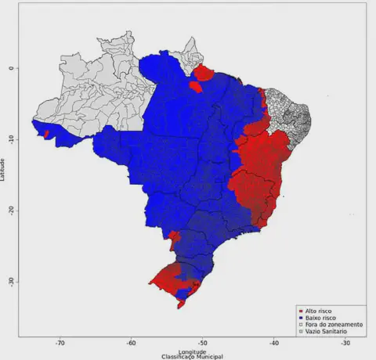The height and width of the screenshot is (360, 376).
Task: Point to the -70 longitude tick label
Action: pyautogui.click(x=60, y=343)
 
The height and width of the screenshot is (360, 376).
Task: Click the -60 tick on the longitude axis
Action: pyautogui.click(x=131, y=343)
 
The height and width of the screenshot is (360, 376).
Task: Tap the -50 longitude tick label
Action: pyautogui.click(x=202, y=343)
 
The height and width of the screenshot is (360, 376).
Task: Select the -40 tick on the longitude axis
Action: pyautogui.click(x=273, y=343)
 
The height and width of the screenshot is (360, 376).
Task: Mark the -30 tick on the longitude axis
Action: pyautogui.click(x=345, y=343)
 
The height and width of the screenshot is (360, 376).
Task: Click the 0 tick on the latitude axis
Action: pyautogui.click(x=11, y=68)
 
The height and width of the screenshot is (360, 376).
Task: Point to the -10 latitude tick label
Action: pyautogui.click(x=11, y=139)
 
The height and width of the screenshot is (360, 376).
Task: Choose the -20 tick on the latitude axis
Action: pyautogui.click(x=11, y=210)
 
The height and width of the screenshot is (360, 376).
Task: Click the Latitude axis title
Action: pyautogui.click(x=4, y=168)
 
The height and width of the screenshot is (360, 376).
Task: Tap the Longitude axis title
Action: pyautogui.click(x=192, y=351)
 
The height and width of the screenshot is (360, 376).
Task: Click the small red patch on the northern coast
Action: pyautogui.click(x=204, y=74)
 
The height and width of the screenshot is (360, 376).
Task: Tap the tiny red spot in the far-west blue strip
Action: pyautogui.click(x=47, y=134)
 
